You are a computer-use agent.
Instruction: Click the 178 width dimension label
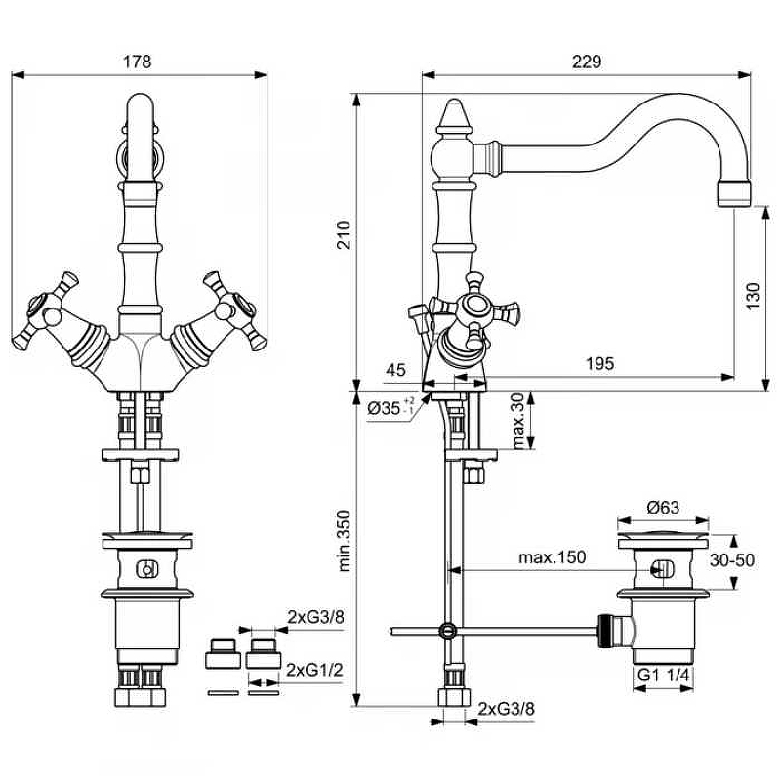tap(138, 61)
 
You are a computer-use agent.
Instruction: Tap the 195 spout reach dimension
tap(599, 363)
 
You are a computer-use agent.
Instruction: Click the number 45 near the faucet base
tap(395, 369)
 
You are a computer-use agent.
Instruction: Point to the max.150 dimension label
tap(553, 557)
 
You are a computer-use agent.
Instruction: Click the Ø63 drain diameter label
tap(663, 507)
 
